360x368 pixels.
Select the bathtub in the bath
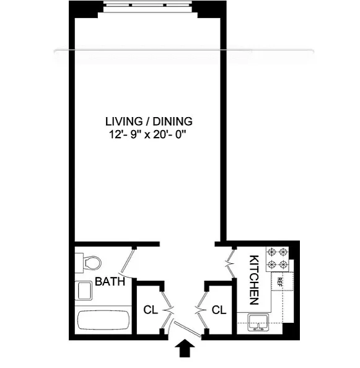point(103,320)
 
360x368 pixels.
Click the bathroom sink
point(84,291)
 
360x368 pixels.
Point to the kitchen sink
point(258,323)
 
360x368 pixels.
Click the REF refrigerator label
point(279,282)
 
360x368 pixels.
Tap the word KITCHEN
point(254,280)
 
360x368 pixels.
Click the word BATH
point(110,281)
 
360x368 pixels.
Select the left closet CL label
point(151,310)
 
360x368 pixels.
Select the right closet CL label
point(219,310)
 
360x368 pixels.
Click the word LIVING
point(124,121)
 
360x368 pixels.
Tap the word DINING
point(172,121)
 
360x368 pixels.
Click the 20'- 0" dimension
point(169,134)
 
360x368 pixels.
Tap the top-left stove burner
point(272,252)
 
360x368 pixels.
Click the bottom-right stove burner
point(284,265)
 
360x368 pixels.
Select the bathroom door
point(128,263)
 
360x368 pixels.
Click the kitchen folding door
point(230,263)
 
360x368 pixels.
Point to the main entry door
point(187,330)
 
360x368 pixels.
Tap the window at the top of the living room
point(147,5)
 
